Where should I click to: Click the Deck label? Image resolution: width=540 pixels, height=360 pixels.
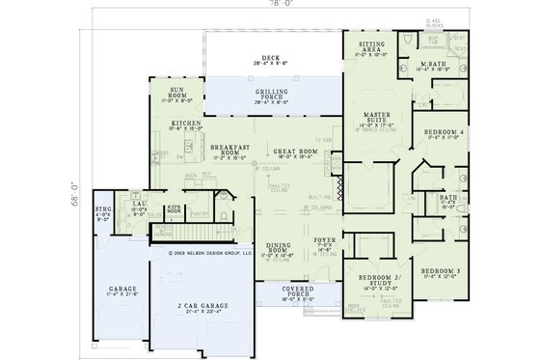coord(256,58)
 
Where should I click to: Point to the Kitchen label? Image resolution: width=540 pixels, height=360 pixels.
coord(185,125)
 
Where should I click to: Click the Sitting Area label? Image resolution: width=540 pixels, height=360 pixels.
coord(372,45)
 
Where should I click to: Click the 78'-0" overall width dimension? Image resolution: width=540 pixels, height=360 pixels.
coord(275,4)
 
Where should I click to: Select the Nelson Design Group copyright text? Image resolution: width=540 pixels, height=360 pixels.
coord(209,254)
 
